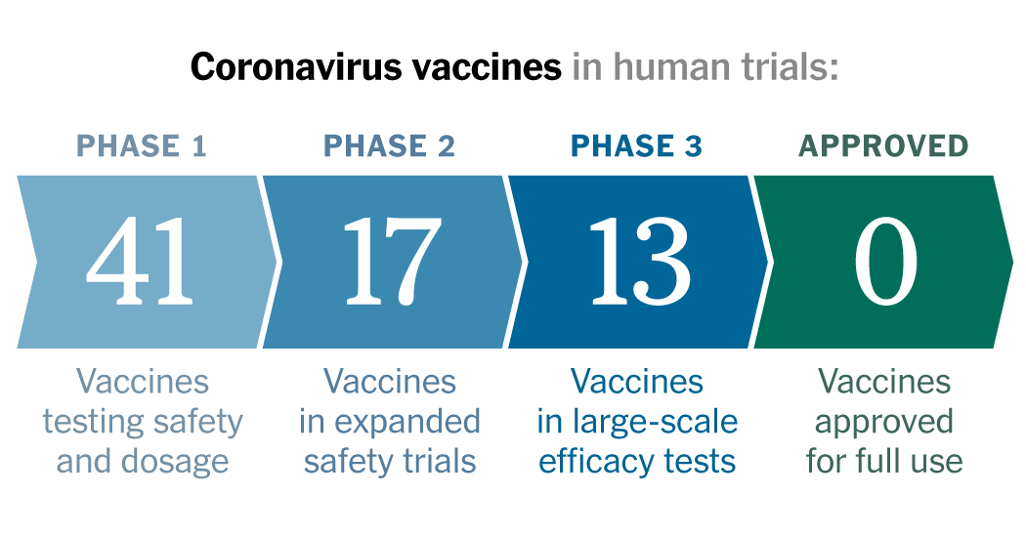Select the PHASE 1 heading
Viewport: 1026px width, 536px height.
142,145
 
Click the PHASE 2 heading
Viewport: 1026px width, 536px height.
389,145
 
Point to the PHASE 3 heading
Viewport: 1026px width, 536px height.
637,145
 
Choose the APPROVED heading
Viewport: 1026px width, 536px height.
883,145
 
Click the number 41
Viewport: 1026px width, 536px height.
140,262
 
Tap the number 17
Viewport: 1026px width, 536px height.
392,262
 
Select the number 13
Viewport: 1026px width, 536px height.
640,262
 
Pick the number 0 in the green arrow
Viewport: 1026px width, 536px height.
886,262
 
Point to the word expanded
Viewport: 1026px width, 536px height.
407,423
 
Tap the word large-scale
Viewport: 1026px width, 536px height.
655,423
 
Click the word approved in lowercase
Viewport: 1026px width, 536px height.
884,424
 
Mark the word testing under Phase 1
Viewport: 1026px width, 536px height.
90,423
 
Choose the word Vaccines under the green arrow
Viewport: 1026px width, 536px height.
884,382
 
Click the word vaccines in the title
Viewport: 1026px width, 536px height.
487,66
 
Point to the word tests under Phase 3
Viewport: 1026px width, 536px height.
701,462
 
